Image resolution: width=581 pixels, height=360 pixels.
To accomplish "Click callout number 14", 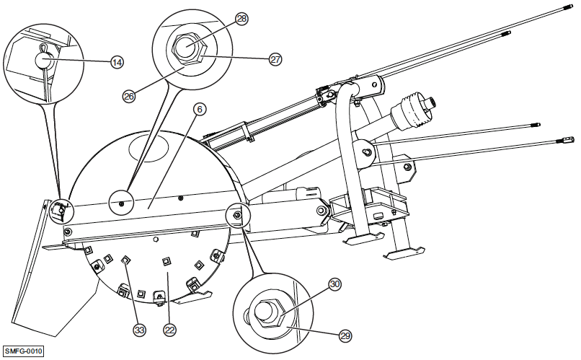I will pyautogui.click(x=117, y=62).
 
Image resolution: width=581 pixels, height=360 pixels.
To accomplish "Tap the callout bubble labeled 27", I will pyautogui.click(x=275, y=60).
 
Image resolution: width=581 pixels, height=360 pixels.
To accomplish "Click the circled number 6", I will pyautogui.click(x=200, y=109).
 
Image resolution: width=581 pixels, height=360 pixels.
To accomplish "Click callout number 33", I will pyautogui.click(x=139, y=330).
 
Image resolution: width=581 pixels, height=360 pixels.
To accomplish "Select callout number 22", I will pyautogui.click(x=169, y=330).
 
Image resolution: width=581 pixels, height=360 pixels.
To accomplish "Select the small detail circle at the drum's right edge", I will pyautogui.click(x=236, y=214).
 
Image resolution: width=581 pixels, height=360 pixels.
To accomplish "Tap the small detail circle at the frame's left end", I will pyautogui.click(x=59, y=209).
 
